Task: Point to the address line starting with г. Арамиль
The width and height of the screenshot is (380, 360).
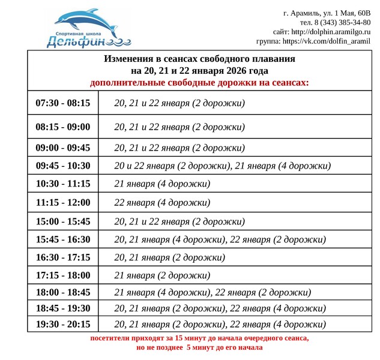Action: pos(327,13)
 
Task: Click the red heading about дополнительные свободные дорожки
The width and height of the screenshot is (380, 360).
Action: pos(199,82)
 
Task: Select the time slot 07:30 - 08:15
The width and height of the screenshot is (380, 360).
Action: pos(62,103)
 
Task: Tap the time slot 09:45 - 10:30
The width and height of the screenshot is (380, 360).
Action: pos(62,166)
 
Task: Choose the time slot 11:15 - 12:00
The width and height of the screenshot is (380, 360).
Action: pos(62,203)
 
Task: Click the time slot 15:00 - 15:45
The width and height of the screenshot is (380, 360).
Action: pos(62,221)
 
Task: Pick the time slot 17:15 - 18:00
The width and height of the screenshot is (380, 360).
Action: pos(62,275)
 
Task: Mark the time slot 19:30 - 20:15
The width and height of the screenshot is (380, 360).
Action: pos(62,324)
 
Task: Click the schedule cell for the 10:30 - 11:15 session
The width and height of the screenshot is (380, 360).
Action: pos(162,184)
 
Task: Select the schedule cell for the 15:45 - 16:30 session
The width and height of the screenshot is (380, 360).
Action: pos(220,239)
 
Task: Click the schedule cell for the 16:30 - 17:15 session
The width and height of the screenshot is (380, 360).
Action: pos(170,257)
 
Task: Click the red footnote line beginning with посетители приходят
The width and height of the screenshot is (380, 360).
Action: pos(199,338)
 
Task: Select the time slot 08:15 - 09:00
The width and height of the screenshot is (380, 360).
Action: pos(62,127)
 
